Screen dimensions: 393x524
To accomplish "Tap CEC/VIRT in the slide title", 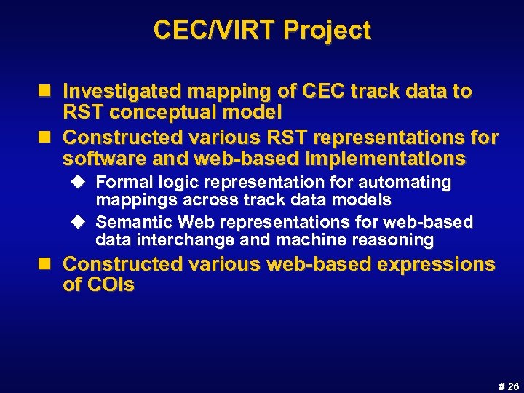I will (x=215, y=31).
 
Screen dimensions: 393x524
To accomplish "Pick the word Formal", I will (x=121, y=182).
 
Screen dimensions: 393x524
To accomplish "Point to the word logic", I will (x=166, y=182).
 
